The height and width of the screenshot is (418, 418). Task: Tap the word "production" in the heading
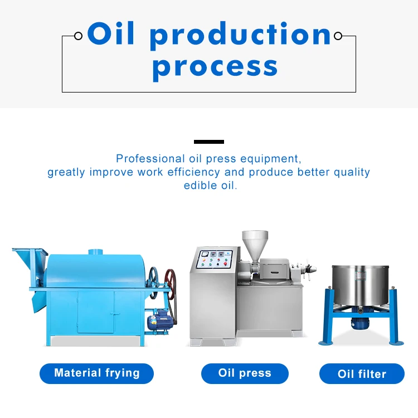pos(240,36)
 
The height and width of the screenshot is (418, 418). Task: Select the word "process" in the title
pos(215,69)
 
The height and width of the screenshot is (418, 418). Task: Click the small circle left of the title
pos(79,36)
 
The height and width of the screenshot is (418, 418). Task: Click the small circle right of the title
pos(338,36)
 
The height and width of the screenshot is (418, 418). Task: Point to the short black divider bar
pos(209,142)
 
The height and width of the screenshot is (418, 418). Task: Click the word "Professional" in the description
pos(150,159)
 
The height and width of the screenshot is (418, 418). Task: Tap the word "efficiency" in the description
pos(193,172)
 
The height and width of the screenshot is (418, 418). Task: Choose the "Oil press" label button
pos(245,373)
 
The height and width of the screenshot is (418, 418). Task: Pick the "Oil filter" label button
pos(362,374)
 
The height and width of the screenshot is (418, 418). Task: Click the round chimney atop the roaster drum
pos(95,251)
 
